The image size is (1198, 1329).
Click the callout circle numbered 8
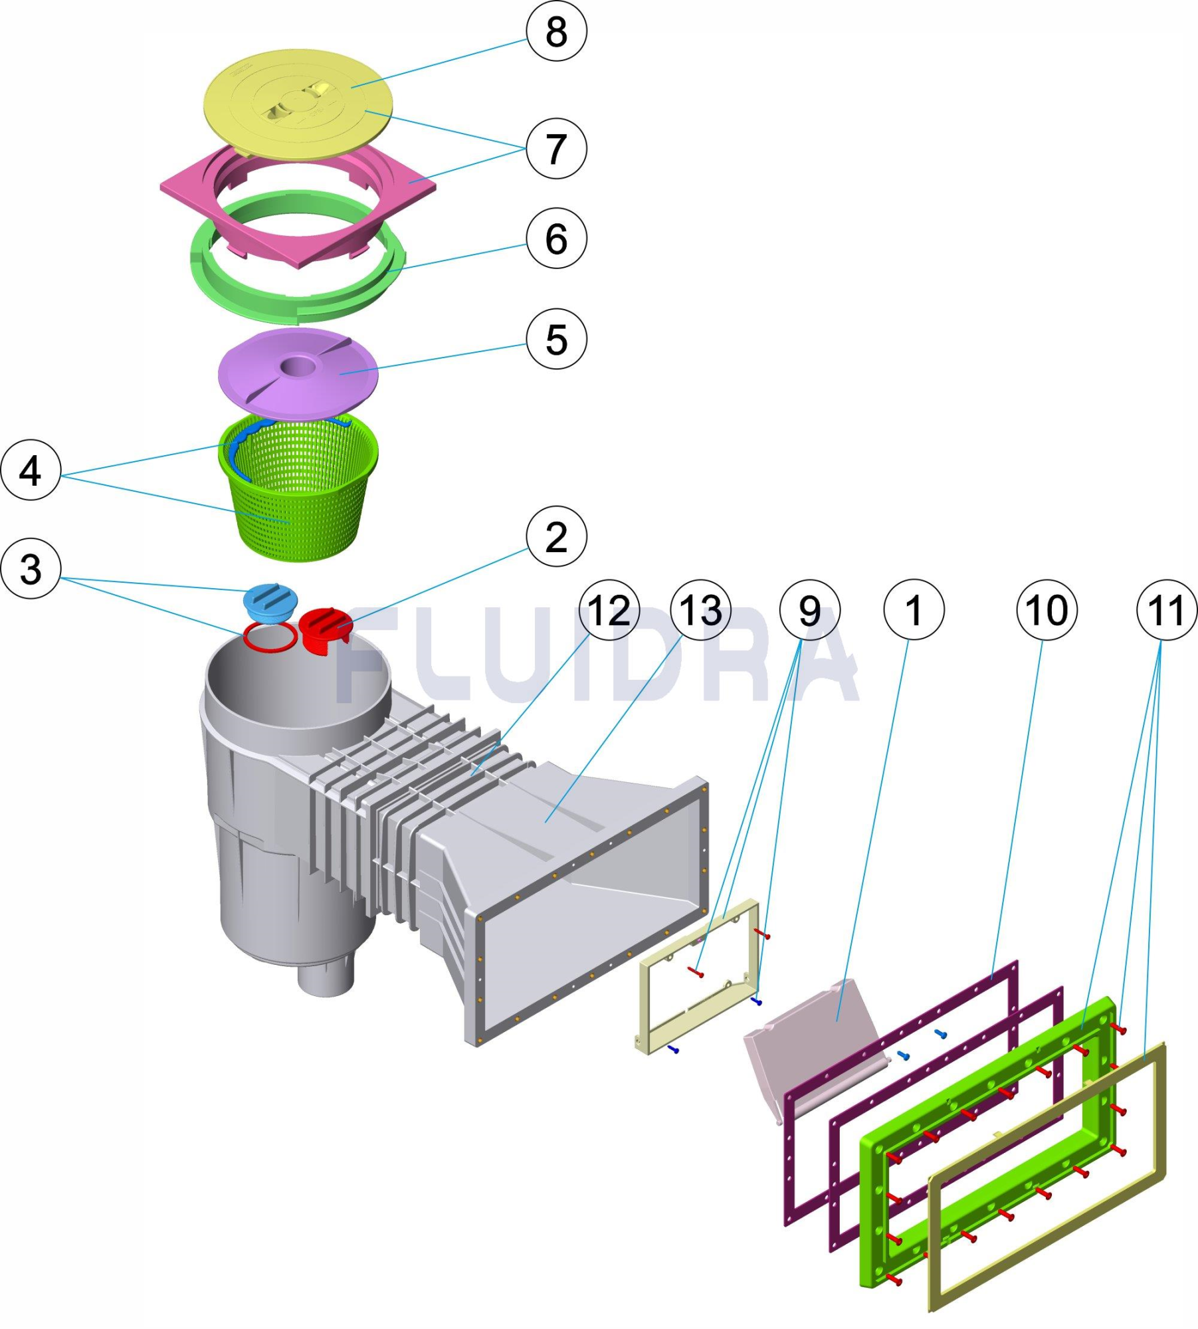pyautogui.click(x=556, y=31)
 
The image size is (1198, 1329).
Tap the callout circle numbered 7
pyautogui.click(x=556, y=148)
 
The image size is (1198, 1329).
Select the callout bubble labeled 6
pyautogui.click(x=556, y=239)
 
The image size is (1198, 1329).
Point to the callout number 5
pyautogui.click(x=556, y=340)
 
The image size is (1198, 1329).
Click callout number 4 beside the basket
pyautogui.click(x=31, y=471)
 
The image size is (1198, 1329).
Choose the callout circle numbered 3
pyautogui.click(x=31, y=569)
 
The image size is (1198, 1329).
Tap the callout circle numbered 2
pyautogui.click(x=556, y=536)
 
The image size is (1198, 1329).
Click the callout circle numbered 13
pyautogui.click(x=700, y=610)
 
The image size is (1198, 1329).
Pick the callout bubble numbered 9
pyautogui.click(x=809, y=610)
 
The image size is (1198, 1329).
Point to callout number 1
pyautogui.click(x=914, y=610)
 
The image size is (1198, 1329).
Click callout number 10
pyautogui.click(x=1047, y=610)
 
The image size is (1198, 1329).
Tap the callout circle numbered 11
pyautogui.click(x=1166, y=610)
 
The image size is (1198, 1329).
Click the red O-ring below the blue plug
pyautogui.click(x=270, y=639)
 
